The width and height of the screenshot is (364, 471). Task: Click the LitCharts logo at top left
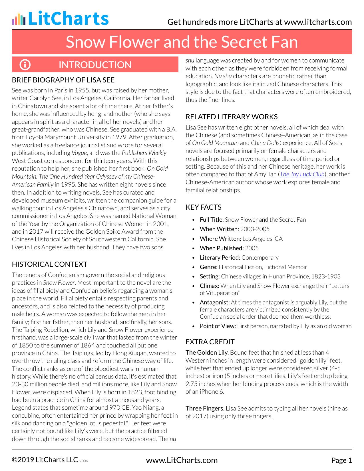pyautogui.click(x=60, y=19)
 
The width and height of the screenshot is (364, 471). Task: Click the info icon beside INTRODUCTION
pyautogui.click(x=25, y=65)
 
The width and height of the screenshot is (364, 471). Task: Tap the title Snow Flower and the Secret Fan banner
pyautogui.click(x=182, y=42)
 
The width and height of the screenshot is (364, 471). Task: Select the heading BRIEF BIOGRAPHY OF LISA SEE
pyautogui.click(x=63, y=80)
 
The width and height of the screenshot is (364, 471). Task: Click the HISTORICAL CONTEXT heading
pyautogui.click(x=50, y=264)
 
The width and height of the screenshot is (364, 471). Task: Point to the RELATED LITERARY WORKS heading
pyautogui.click(x=232, y=117)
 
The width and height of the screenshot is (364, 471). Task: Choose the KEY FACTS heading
pyautogui.click(x=204, y=207)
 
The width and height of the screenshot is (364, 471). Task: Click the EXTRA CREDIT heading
pyautogui.click(x=210, y=342)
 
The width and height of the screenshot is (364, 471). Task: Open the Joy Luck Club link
pyautogui.click(x=302, y=174)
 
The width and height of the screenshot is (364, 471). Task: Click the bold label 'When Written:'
pyautogui.click(x=219, y=229)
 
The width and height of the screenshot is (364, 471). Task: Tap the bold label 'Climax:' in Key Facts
pyautogui.click(x=210, y=286)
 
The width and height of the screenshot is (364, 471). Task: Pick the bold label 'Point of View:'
pyautogui.click(x=218, y=326)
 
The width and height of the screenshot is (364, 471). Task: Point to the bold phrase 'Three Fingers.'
pyautogui.click(x=205, y=408)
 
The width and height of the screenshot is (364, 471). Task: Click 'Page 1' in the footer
pyautogui.click(x=341, y=460)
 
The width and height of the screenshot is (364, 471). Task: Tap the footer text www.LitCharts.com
pyautogui.click(x=182, y=460)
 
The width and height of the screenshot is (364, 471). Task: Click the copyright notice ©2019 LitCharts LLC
pyautogui.click(x=45, y=460)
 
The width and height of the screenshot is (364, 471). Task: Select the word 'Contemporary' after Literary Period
pyautogui.click(x=260, y=258)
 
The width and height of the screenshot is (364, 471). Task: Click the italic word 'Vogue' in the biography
pyautogui.click(x=79, y=153)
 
